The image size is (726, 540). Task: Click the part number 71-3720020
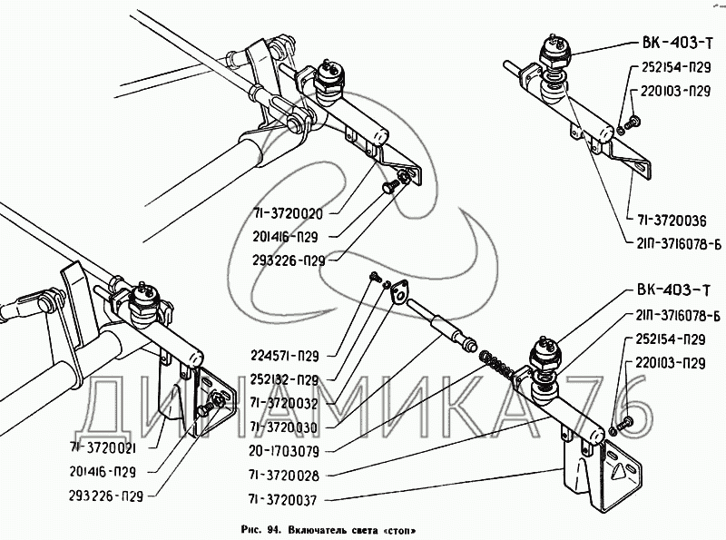(288, 214)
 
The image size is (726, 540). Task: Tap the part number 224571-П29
(285, 356)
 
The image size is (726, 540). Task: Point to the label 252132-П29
(285, 380)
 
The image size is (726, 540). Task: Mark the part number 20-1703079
(284, 451)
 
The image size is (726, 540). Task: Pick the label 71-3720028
(284, 476)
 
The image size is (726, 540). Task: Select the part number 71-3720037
(282, 500)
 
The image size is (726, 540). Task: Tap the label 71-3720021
(103, 447)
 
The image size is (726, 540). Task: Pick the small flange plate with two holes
(399, 292)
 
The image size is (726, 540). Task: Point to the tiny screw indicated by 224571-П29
(374, 278)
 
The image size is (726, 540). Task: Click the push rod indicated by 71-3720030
(441, 325)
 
